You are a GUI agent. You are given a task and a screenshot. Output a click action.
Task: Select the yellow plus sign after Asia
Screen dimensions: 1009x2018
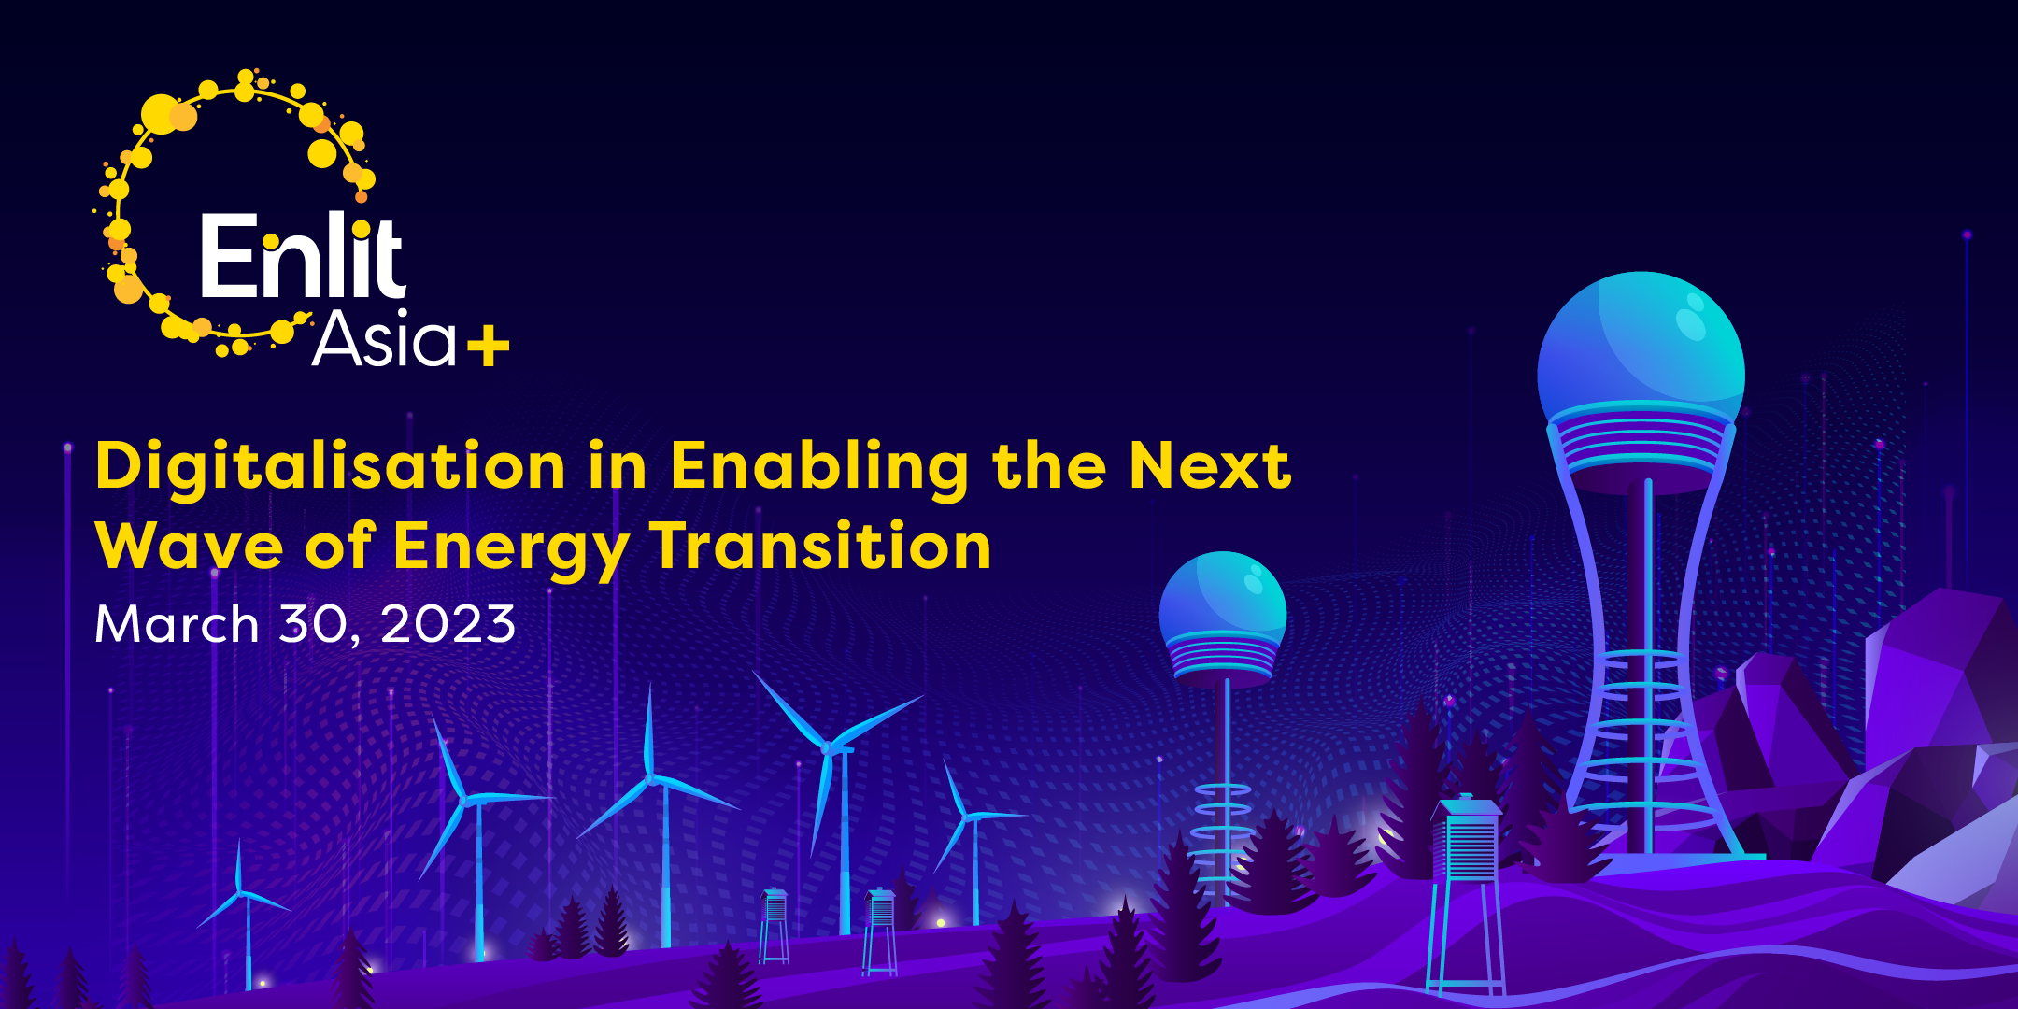pos(488,348)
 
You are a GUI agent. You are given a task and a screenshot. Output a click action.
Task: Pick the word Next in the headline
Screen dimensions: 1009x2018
pos(1210,464)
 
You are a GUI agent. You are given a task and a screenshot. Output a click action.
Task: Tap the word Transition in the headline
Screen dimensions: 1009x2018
pos(821,545)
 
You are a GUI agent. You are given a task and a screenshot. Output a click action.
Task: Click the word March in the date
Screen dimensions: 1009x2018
pos(177,623)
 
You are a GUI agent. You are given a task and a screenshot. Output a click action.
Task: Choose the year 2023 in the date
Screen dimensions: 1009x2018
pos(448,624)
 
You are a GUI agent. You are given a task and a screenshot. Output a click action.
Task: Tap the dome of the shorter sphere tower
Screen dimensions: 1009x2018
pos(1222,598)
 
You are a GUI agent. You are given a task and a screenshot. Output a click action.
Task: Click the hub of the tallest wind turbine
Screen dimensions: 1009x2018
pos(826,747)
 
